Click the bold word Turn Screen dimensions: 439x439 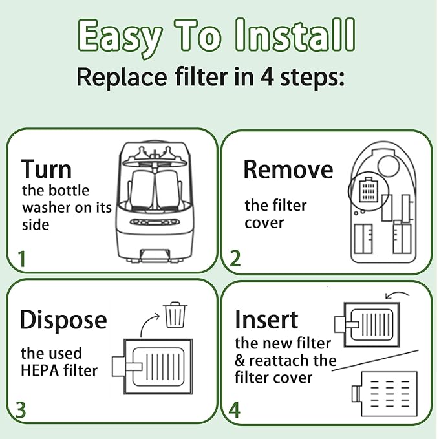[46, 169]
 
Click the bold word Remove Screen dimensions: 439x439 [288, 169]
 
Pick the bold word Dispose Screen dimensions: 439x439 [63, 319]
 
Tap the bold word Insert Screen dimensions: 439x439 [266, 319]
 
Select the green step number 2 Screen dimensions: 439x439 [235, 259]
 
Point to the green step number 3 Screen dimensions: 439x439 [21, 409]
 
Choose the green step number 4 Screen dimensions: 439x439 [235, 409]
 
